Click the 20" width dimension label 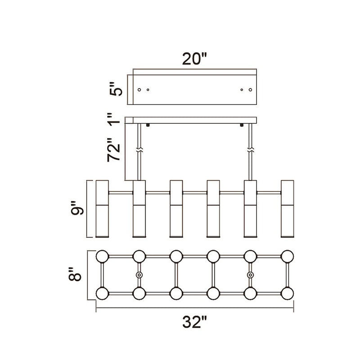[194, 59]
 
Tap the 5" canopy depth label [116, 89]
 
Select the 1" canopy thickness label [114, 119]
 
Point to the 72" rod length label [114, 150]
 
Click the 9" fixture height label [77, 208]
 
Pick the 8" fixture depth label [75, 274]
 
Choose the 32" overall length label [195, 322]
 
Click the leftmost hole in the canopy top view [139, 90]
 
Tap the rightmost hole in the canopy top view [250, 90]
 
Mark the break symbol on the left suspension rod [139, 150]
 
